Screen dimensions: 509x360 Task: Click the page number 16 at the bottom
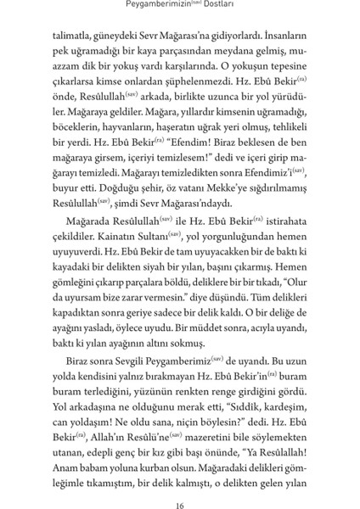coord(180,484)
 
